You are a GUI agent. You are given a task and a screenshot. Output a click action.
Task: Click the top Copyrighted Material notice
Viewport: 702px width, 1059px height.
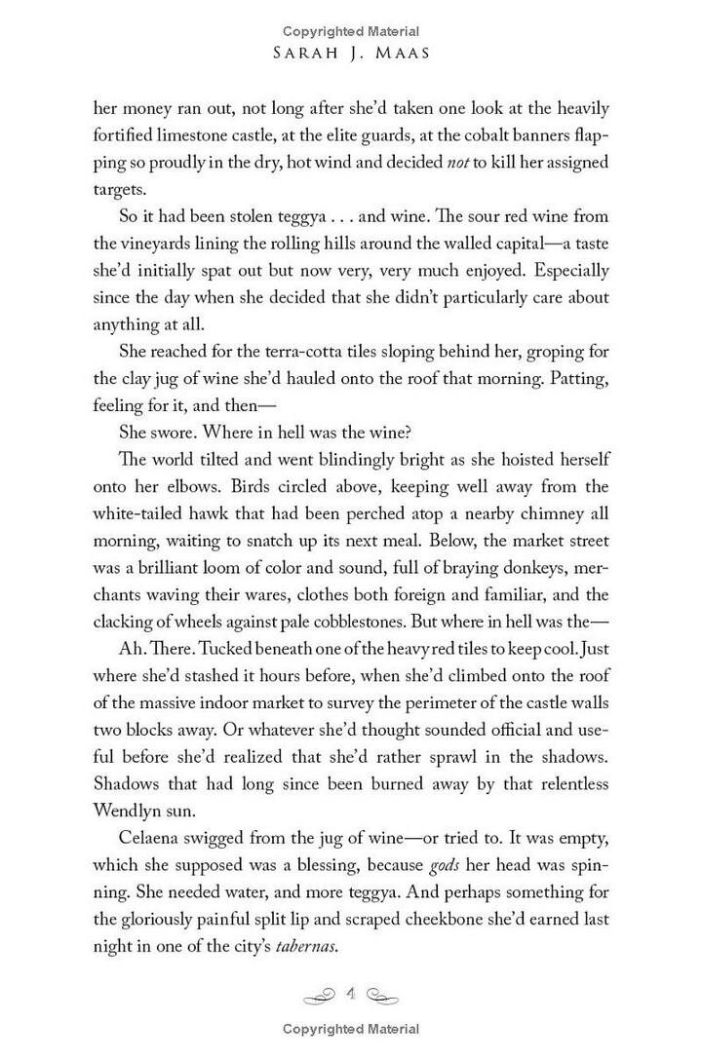pyautogui.click(x=352, y=31)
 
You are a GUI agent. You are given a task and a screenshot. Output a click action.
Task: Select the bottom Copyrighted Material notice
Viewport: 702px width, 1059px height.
pyautogui.click(x=352, y=1029)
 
